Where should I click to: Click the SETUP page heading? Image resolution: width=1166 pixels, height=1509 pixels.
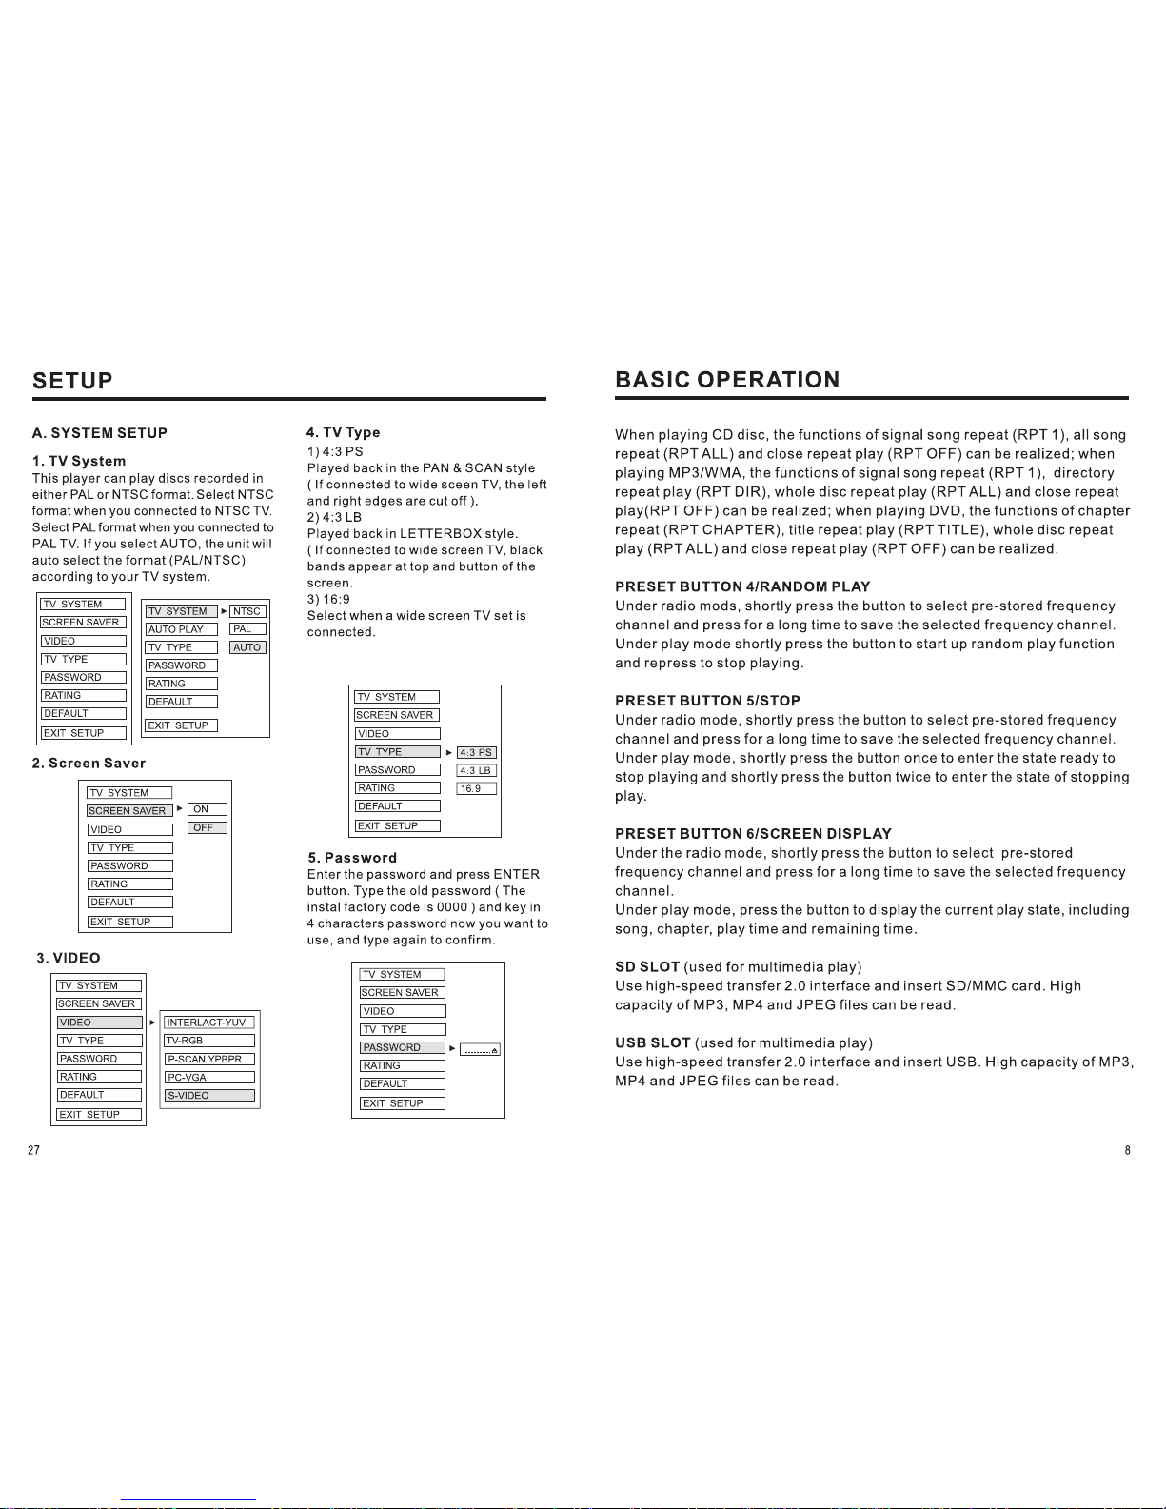pyautogui.click(x=72, y=381)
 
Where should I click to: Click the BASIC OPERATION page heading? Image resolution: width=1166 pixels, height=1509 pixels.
pyautogui.click(x=727, y=380)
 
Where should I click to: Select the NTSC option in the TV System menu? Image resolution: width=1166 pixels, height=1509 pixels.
pyautogui.click(x=247, y=611)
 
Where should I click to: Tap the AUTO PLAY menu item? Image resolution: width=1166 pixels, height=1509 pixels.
pyautogui.click(x=181, y=629)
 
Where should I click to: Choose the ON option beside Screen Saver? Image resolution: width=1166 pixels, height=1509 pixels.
pyautogui.click(x=207, y=809)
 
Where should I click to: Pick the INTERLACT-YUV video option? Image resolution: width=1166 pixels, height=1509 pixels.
pyautogui.click(x=208, y=1023)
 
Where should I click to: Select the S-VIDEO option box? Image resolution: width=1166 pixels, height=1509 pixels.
pyautogui.click(x=208, y=1096)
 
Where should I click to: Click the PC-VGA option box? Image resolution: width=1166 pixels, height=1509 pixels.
pyautogui.click(x=208, y=1078)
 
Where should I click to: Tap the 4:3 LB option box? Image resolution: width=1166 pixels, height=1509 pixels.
pyautogui.click(x=476, y=771)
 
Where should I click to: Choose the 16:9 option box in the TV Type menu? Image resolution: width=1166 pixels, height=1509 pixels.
pyautogui.click(x=476, y=789)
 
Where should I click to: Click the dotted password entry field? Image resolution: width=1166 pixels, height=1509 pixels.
pyautogui.click(x=480, y=1049)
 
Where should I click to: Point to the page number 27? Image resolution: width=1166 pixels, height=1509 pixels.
pyautogui.click(x=34, y=1150)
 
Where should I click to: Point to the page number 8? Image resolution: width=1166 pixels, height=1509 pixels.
pyautogui.click(x=1127, y=1150)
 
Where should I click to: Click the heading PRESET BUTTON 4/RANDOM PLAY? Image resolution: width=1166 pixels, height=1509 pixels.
pyautogui.click(x=742, y=586)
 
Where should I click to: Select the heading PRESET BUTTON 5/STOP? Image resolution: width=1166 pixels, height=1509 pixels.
pyautogui.click(x=707, y=701)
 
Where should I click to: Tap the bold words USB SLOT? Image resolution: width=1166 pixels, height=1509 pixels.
pyautogui.click(x=652, y=1042)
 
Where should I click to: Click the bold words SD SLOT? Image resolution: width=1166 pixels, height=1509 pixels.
pyautogui.click(x=647, y=966)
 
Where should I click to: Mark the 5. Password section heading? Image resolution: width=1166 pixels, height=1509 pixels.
pyautogui.click(x=351, y=858)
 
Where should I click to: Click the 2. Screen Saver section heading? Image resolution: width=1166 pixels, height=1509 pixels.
pyautogui.click(x=89, y=764)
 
